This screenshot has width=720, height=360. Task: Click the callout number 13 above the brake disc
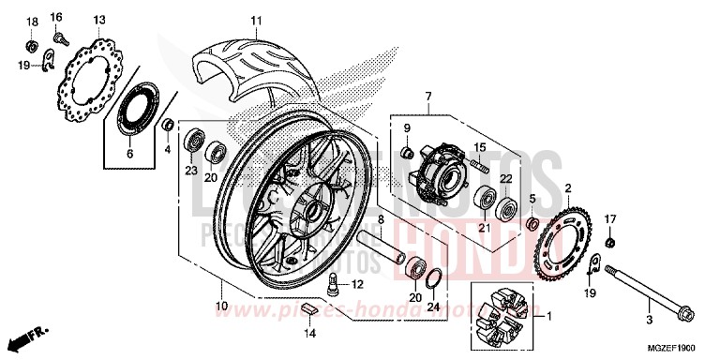coord(98,20)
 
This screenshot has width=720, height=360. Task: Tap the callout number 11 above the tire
coord(254,20)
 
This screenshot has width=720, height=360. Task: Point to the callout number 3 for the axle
coord(647,320)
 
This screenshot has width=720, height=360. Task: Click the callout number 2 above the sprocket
coord(567,188)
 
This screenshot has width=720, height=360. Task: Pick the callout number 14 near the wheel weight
coord(310,332)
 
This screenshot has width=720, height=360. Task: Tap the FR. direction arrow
coord(28,333)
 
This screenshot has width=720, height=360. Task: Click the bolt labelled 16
coord(61,39)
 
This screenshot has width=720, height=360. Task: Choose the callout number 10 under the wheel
coord(221,307)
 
